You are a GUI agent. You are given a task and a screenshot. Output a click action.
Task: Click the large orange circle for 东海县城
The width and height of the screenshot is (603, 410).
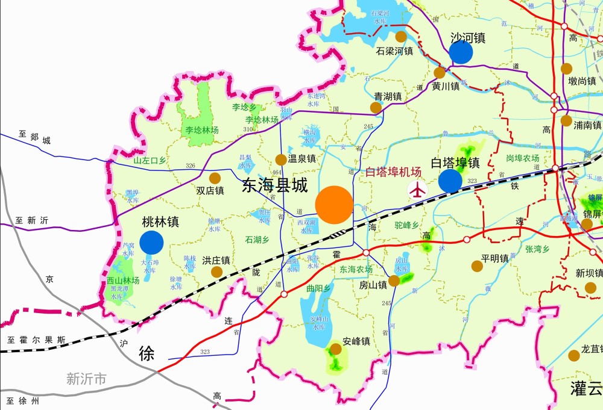coord(334,205)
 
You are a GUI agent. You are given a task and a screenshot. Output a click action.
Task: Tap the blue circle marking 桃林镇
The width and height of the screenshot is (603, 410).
coord(151,242)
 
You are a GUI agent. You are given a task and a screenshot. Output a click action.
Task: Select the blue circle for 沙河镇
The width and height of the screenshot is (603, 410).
coord(461,52)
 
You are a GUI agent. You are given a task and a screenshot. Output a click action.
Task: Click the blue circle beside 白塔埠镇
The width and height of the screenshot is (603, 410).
coord(450,181)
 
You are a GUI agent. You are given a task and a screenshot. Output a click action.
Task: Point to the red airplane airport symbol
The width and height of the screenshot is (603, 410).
coord(417,190)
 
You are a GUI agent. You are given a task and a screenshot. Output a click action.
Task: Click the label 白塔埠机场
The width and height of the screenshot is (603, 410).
coord(394,172)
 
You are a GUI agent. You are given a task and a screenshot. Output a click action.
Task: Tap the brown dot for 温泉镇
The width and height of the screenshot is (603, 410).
coord(281,160)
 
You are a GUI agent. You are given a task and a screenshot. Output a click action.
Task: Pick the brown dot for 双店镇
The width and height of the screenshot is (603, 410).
coord(215,178)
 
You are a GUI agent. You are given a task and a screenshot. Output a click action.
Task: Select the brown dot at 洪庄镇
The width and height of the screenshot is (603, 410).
coord(216,272)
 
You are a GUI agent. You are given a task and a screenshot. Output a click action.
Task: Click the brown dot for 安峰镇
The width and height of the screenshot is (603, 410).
coord(336,349)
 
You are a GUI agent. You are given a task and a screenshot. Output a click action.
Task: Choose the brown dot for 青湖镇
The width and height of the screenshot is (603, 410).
coord(376,108)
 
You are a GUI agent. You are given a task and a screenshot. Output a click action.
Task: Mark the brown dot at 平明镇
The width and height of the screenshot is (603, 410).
coord(477,266)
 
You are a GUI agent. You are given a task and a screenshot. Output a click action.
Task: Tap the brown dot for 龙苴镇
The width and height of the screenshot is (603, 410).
coord(574,356)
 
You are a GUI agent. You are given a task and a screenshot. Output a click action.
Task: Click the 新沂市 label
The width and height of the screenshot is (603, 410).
coord(86,379)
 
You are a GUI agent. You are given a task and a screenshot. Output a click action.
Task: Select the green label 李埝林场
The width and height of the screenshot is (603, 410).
coord(202,129)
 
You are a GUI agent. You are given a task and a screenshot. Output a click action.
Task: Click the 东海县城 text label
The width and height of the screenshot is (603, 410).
coord(274,185)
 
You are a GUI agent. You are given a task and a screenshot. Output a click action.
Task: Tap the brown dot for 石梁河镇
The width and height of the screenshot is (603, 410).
coord(401,37)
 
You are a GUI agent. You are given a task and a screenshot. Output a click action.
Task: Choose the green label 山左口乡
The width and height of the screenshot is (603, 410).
coord(150,161)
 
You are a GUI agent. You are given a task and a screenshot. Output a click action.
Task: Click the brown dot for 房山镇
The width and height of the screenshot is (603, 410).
coord(394,281)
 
